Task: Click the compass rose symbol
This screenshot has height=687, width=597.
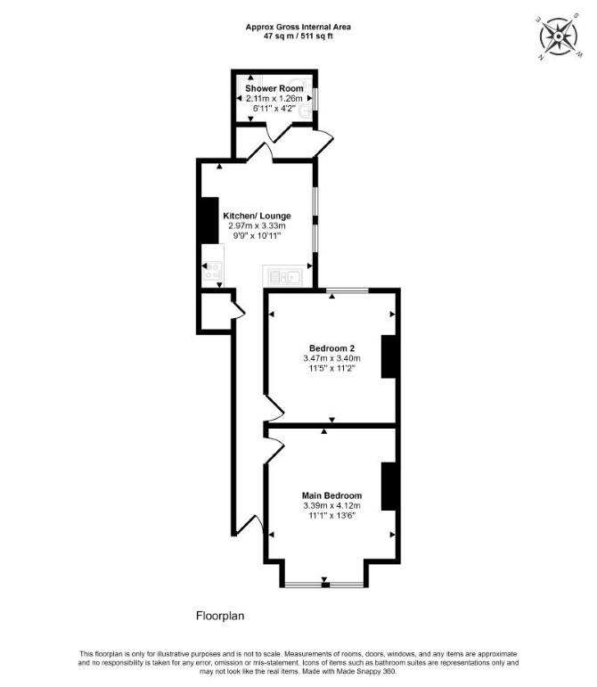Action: click(x=559, y=37)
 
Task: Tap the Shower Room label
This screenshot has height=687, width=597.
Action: click(x=274, y=88)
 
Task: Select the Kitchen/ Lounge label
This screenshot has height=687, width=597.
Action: click(x=258, y=216)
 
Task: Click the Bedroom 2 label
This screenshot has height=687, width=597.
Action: click(x=331, y=348)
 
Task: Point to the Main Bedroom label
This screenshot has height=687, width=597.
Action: click(x=331, y=496)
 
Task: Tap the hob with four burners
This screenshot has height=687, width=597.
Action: click(x=212, y=270)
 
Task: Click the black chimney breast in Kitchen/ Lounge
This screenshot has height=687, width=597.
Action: click(x=209, y=220)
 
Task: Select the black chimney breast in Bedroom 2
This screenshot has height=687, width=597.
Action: click(x=389, y=356)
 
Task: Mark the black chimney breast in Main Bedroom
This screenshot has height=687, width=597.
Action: click(x=389, y=487)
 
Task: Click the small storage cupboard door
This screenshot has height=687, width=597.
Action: click(x=239, y=309)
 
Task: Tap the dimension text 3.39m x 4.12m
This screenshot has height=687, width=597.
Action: click(x=331, y=505)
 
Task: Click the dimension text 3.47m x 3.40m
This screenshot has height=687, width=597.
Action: click(x=331, y=358)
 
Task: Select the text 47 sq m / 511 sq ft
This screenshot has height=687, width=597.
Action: click(x=298, y=37)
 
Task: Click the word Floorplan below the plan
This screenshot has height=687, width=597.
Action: click(x=220, y=616)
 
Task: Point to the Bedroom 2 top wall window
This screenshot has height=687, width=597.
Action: click(x=348, y=290)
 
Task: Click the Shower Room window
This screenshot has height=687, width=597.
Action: click(x=315, y=100)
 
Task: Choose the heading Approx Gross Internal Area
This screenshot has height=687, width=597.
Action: click(x=298, y=27)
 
